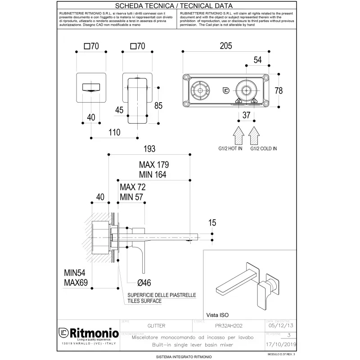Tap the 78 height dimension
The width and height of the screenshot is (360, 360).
279,90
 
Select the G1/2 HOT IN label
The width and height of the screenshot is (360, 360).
230,148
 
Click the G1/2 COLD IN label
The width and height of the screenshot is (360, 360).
264,148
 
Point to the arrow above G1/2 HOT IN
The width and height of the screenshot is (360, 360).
238,134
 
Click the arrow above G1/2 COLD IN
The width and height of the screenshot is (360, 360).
254,134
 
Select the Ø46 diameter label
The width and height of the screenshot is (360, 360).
145,282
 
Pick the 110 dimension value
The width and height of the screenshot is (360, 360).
114,132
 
